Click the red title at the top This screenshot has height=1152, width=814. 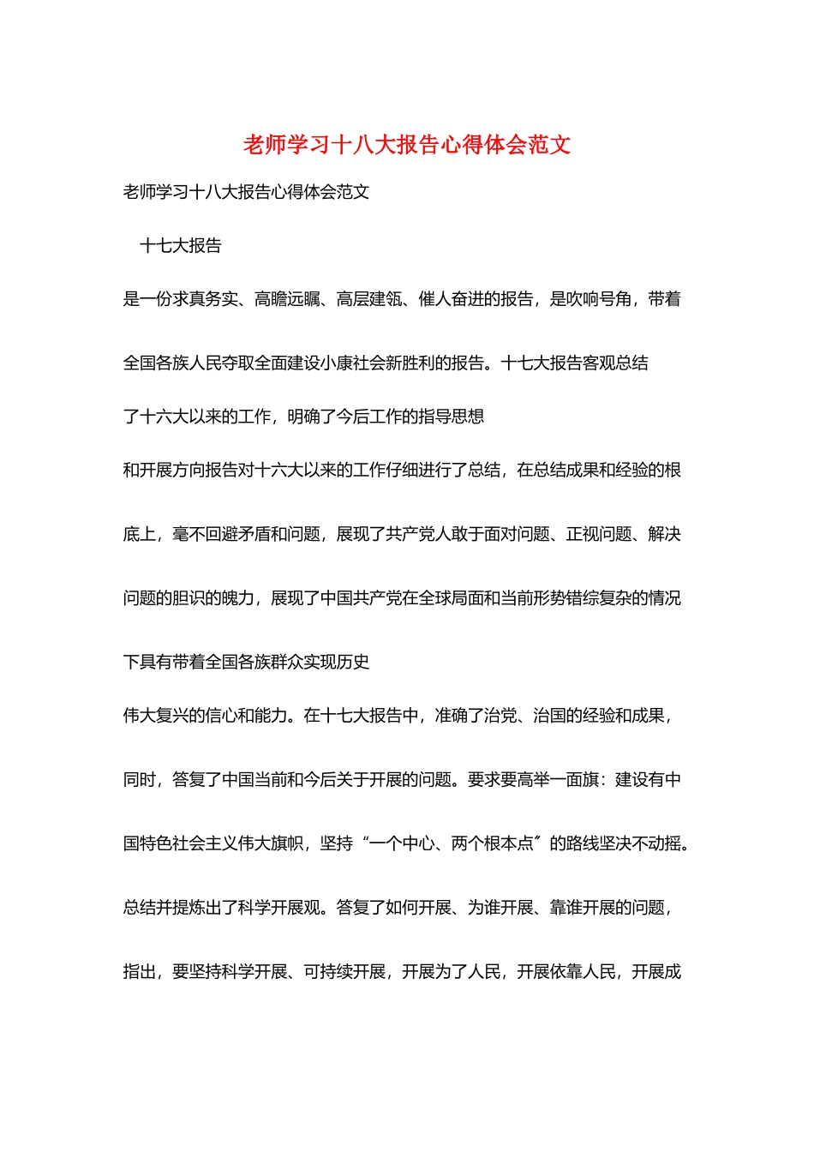pos(407,144)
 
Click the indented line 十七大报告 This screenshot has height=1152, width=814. pos(180,246)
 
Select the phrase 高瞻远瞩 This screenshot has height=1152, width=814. pos(286,299)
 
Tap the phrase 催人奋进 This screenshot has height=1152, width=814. pos(451,299)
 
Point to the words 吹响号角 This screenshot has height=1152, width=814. pos(599,299)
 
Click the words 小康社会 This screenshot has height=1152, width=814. pos(352,363)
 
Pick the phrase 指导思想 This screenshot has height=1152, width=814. pos(452,417)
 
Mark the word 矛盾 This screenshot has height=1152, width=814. pos(254,534)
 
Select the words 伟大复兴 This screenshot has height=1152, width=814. pos(156,716)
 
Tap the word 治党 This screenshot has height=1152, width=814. pos(500,716)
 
